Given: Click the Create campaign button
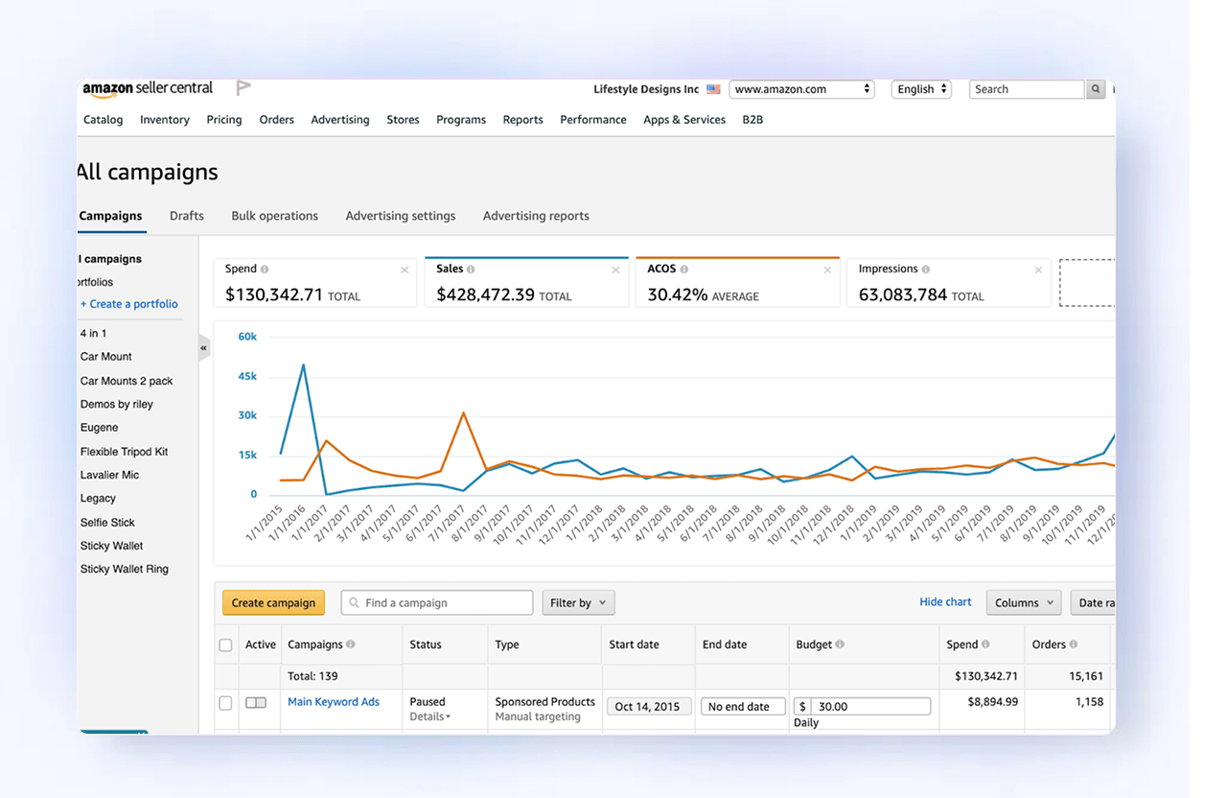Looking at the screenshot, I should pos(273,602).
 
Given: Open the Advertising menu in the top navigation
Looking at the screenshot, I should pos(339,120).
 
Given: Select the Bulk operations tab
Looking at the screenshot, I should pos(274,216).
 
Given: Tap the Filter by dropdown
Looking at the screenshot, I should pos(578,602).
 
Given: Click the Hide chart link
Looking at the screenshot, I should pos(945,601).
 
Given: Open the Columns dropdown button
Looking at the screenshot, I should pos(1023,602).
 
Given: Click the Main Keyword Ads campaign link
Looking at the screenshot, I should pos(334,702).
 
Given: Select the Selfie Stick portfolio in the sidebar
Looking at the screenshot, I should pos(107,523).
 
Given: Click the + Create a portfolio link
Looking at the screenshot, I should pos(129,304).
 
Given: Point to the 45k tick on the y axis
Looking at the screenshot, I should pos(247,376).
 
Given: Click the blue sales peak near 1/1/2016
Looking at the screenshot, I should pos(304,364).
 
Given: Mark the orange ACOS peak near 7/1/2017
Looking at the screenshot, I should pos(464,413).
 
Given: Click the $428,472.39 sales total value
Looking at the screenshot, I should pos(485,295).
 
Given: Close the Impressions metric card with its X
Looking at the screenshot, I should pos(1038,270).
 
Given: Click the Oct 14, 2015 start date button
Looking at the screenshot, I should pos(647,707).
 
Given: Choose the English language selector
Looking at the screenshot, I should pos(921,89).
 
